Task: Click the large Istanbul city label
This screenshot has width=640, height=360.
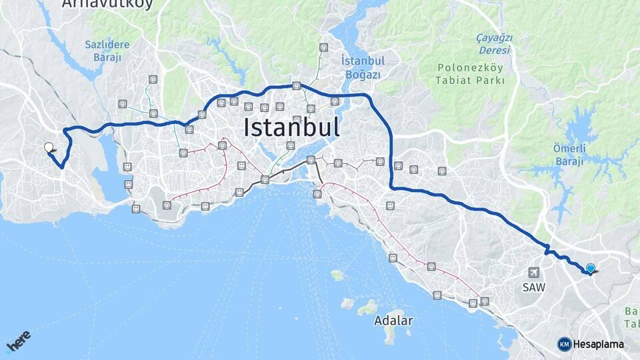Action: click(291, 127)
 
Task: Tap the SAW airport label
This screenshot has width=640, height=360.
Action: click(533, 288)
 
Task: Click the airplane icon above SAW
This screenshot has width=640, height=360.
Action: click(533, 273)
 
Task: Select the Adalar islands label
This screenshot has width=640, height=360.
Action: click(393, 321)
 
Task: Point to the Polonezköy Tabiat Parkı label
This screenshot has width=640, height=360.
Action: click(471, 74)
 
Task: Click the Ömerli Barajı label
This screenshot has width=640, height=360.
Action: click(569, 155)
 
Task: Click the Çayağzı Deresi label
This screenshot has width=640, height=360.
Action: click(493, 44)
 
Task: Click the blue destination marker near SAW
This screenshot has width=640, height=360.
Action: click(590, 269)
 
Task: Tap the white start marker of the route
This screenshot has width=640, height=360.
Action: click(49, 147)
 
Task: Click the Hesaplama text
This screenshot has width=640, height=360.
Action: click(599, 344)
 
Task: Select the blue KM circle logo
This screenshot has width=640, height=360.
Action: click(564, 344)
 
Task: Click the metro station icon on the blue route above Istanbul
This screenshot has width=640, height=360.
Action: click(296, 85)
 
